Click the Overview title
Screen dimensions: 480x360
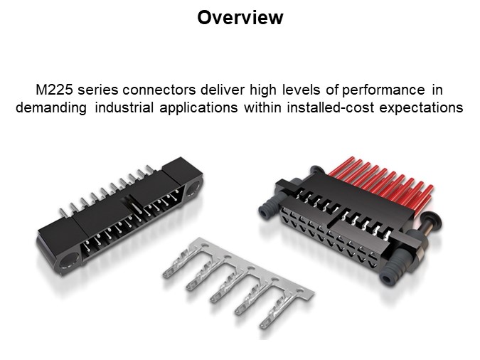click(240, 18)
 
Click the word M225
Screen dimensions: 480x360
click(54, 90)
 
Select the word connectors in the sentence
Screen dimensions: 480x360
click(159, 90)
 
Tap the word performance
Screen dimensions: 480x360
click(383, 90)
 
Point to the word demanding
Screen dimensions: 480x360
click(51, 108)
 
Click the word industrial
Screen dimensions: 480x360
click(124, 107)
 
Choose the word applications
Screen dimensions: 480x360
click(198, 108)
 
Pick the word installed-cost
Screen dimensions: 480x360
click(330, 107)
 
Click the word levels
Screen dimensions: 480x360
click(302, 90)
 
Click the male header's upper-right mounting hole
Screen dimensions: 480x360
click(193, 188)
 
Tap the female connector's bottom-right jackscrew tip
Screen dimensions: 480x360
click(388, 278)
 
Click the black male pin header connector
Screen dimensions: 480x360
click(119, 216)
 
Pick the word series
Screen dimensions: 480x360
click(97, 90)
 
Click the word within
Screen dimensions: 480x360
click(262, 107)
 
